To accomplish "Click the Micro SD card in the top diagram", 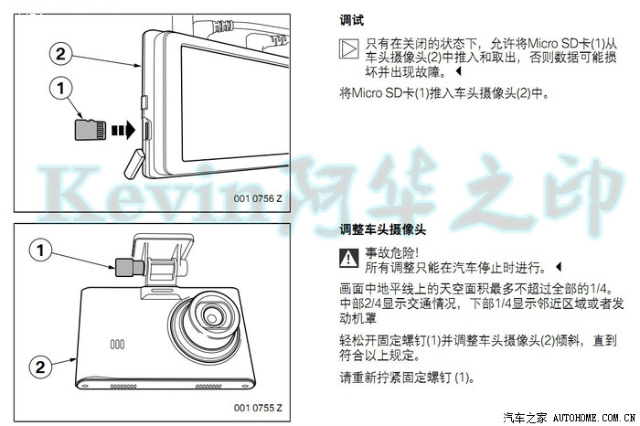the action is (91, 130).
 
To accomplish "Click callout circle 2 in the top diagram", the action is (60, 54).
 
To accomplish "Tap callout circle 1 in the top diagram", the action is (61, 88).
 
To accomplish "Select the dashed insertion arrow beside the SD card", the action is (123, 130).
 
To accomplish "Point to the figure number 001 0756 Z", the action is (258, 198).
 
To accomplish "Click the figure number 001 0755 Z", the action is (258, 408).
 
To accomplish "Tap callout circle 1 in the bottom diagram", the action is (40, 250).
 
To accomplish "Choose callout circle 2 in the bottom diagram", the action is (40, 367).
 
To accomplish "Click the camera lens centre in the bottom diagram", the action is (212, 316).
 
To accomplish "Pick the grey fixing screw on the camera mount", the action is (129, 268).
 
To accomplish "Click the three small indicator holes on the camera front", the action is (117, 345).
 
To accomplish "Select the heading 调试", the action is (351, 20).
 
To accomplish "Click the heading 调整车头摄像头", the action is (382, 229).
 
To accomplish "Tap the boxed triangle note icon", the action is (349, 49).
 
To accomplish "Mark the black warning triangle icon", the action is (349, 258).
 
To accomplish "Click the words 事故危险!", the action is (392, 253).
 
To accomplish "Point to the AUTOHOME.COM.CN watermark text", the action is (594, 418).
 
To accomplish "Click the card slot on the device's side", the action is (146, 129).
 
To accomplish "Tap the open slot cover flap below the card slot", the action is (134, 164).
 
